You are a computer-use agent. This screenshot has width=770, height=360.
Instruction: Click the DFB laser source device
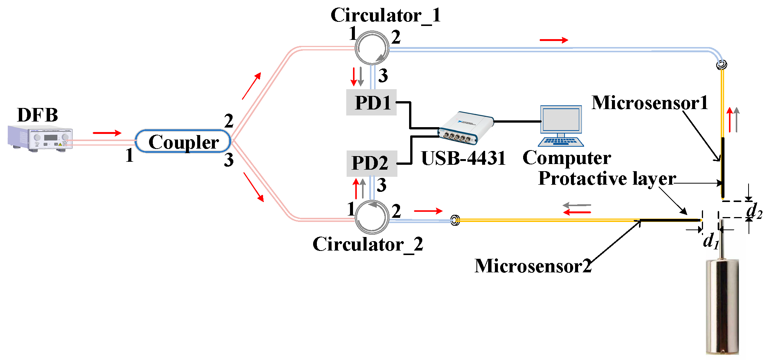point(40,138)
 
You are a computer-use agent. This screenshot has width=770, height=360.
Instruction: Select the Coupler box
point(183,141)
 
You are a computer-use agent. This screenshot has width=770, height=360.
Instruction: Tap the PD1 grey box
point(371,102)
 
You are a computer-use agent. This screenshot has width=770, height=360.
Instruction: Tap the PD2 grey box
point(371,163)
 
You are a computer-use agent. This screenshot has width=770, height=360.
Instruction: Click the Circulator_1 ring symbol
point(372,48)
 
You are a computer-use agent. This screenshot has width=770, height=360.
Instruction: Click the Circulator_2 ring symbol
point(372,217)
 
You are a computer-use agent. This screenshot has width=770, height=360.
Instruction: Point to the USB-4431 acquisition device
point(466,128)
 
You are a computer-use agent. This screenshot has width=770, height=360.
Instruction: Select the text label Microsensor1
point(650,102)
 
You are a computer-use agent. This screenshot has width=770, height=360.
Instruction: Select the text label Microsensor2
point(533,266)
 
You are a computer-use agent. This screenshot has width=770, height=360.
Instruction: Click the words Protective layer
point(607,178)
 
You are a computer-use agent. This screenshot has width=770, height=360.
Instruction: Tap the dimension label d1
point(711,241)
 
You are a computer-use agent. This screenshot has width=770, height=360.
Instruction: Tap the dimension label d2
point(754,211)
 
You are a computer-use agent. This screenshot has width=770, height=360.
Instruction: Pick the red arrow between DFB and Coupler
point(107,133)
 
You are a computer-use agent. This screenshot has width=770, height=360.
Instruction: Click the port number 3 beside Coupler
point(229,160)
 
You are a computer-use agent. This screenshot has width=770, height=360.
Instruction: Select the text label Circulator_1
point(385,15)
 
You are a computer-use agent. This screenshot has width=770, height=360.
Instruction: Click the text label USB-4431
point(463,158)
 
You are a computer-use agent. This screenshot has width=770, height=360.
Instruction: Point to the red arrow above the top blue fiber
point(554,40)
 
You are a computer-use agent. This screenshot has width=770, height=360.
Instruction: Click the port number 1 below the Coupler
point(129,155)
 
